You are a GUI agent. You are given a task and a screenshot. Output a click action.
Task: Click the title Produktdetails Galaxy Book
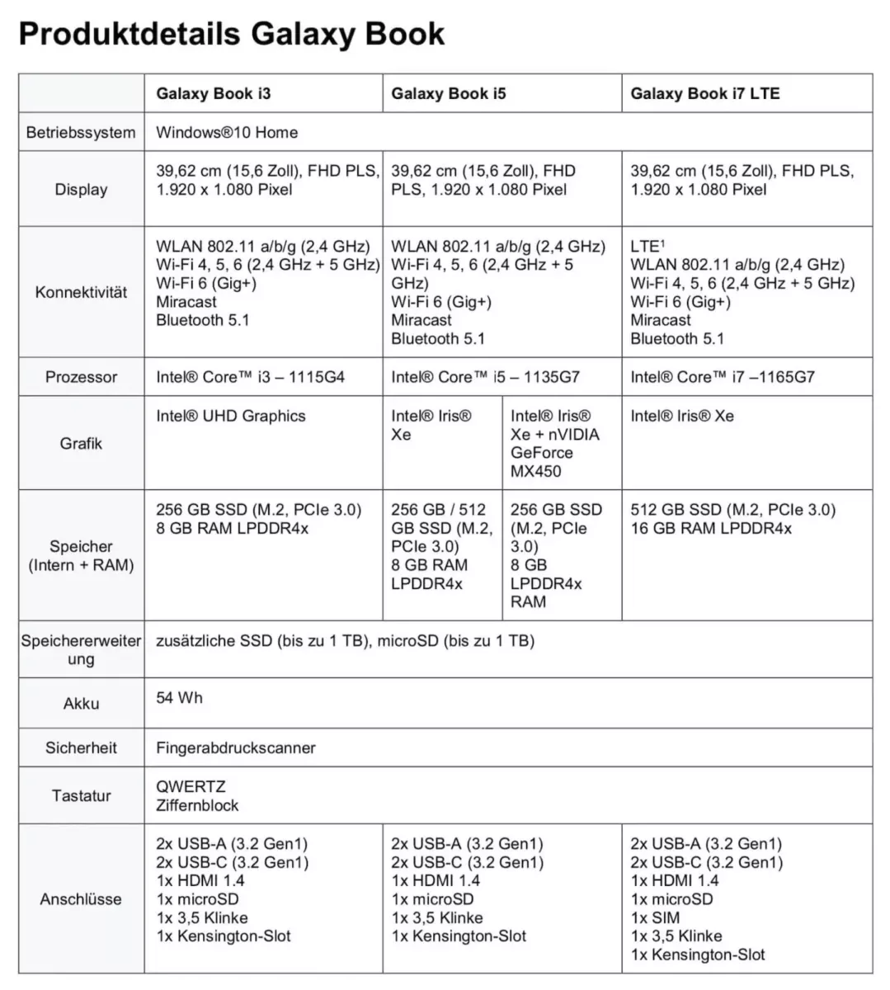[x=232, y=34]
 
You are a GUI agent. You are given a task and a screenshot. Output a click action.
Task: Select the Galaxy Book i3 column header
[x=213, y=93]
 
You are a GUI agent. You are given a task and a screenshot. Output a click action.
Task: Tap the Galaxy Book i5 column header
[x=449, y=93]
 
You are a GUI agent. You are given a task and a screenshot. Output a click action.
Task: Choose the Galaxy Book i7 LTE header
[x=705, y=93]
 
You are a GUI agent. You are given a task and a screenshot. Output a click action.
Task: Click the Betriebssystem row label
[x=81, y=132]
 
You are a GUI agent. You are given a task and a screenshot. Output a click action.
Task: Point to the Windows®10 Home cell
[x=227, y=132]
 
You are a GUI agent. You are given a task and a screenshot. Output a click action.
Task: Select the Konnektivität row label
[x=81, y=292]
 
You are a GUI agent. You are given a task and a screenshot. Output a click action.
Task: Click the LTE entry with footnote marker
[x=647, y=247]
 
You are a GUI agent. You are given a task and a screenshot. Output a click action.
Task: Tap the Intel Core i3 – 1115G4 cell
[x=250, y=377]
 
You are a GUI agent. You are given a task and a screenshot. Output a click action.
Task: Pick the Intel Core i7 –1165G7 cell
[x=723, y=377]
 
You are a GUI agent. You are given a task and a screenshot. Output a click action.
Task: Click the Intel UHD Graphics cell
[x=231, y=416]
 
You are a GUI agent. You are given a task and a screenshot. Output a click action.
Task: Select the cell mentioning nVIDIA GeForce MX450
[x=554, y=444]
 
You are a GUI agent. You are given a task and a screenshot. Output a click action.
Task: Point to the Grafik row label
[x=81, y=444]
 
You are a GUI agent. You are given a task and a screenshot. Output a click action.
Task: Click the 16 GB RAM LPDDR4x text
[x=711, y=528]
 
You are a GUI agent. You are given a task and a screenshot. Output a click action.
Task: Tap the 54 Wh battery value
[x=179, y=698]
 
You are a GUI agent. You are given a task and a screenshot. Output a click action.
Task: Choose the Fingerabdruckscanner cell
[x=236, y=748]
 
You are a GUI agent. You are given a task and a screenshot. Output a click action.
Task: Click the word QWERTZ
[x=191, y=787]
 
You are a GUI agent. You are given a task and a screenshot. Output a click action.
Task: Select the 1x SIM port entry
[x=655, y=917]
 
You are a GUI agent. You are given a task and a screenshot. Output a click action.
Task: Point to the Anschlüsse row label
[x=81, y=899]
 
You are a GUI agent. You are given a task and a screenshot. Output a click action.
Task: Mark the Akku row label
[x=81, y=704]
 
